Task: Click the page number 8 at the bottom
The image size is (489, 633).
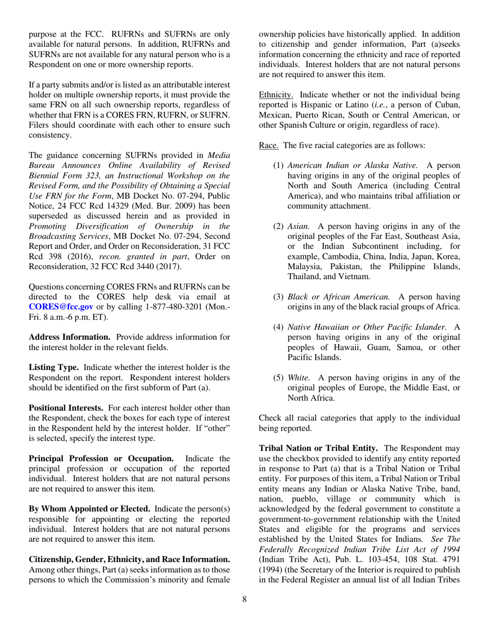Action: click(x=245, y=612)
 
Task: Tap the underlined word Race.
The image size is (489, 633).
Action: click(x=268, y=145)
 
